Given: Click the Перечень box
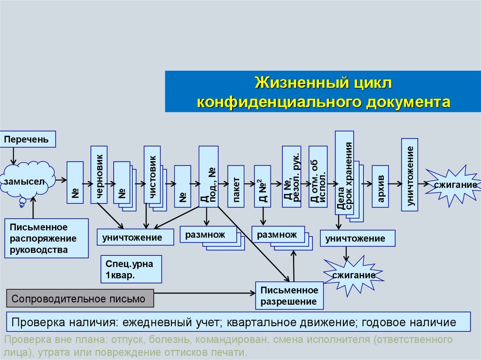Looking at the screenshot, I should click(28, 139).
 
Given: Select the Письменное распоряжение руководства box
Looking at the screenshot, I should click(47, 238).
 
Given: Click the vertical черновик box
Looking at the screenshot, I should click(99, 175).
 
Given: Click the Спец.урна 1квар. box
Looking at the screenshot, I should click(131, 269).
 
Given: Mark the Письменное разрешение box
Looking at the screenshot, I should click(289, 296).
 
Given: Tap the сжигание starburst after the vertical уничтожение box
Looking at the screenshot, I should click(453, 185).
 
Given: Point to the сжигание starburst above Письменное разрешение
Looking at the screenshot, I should click(354, 275).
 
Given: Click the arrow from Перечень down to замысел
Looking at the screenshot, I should click(14, 155).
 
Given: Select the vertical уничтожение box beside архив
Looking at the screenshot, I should click(410, 175).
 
